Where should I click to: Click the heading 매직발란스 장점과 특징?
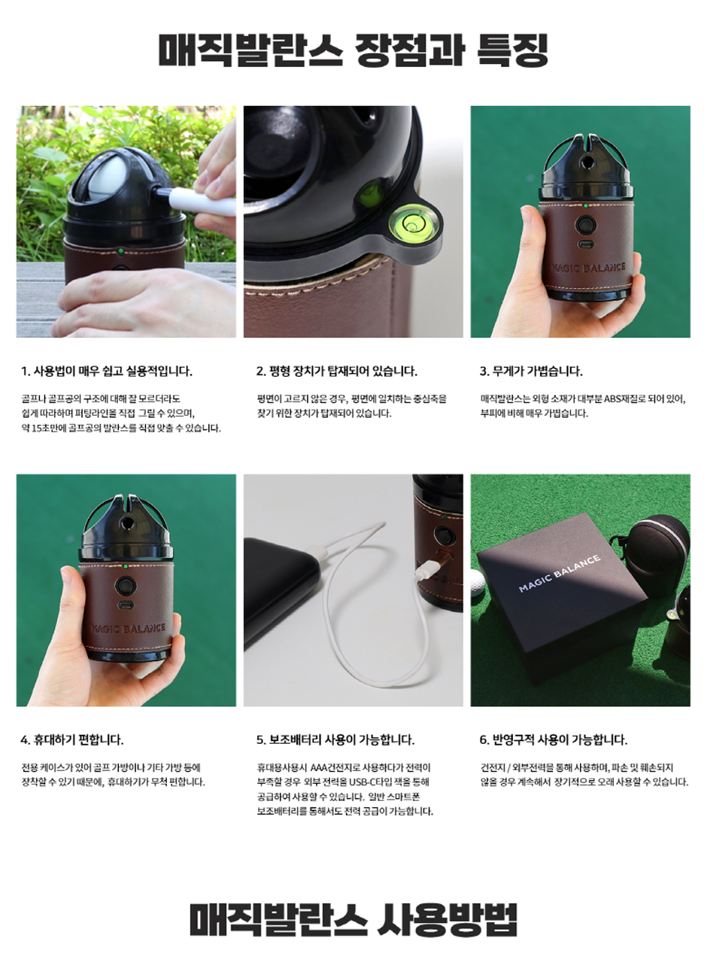353,50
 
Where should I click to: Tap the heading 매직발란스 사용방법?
353,918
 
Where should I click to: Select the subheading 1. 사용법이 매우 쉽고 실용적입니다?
107,371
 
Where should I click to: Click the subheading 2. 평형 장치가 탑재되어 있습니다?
336,371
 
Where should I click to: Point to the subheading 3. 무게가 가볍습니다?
531,371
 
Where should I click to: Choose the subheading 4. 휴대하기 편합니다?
72,739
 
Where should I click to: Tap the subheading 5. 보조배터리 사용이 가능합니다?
335,739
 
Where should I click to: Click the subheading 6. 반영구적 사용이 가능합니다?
554,739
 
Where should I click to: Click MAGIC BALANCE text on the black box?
560,573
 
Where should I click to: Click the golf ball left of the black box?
478,583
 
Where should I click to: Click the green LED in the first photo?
121,250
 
